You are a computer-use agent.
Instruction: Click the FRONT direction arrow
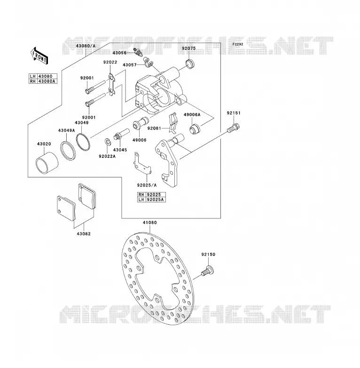pos(39,56)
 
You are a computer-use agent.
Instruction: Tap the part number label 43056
pos(119,53)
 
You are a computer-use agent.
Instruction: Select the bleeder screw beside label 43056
pos(138,53)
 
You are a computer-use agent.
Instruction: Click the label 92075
pos(188,48)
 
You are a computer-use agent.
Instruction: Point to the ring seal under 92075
pos(190,64)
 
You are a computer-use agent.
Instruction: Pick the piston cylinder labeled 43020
pos(47,163)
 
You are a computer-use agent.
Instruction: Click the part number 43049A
pos(67,130)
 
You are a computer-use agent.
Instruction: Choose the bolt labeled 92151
pos(233,128)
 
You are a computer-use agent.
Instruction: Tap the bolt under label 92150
pos(208,271)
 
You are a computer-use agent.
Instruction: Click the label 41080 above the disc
pos(150,223)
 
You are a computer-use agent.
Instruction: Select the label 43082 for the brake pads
pos(84,234)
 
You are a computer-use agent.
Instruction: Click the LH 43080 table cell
pos(43,76)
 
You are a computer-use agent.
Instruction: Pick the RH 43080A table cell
pos(43,81)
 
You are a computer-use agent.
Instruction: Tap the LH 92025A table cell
pos(151,200)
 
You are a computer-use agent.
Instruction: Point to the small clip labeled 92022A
pos(108,142)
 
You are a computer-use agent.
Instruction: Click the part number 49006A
pos(192,115)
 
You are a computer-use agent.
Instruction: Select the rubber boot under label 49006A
pos(195,128)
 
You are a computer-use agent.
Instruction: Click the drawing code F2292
pos(238,44)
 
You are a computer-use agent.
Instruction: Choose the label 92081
pos(154,128)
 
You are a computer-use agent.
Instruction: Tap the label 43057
pos(130,65)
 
